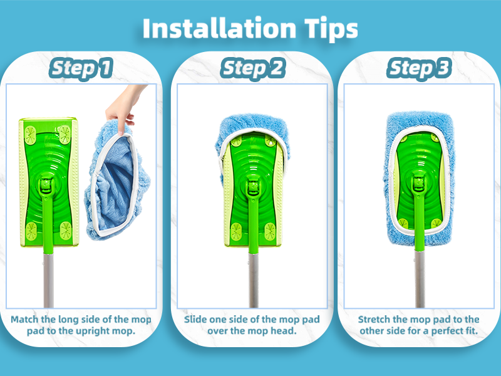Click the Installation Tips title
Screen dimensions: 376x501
coord(250,29)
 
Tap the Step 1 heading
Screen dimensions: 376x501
coord(82,68)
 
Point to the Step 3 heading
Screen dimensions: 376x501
coord(419,68)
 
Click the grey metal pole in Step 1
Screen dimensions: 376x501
coord(47,276)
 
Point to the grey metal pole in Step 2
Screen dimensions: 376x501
coord(253,276)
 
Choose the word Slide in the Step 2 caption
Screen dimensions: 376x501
coord(197,320)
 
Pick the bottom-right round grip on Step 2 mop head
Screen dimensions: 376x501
coord(270,230)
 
